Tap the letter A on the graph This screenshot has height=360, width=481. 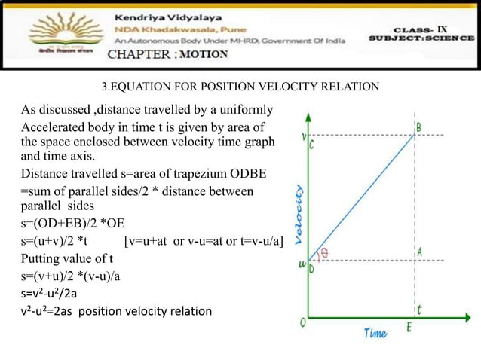[419, 252]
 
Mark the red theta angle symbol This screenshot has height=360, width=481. [326, 253]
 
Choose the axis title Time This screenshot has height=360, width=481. [375, 334]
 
